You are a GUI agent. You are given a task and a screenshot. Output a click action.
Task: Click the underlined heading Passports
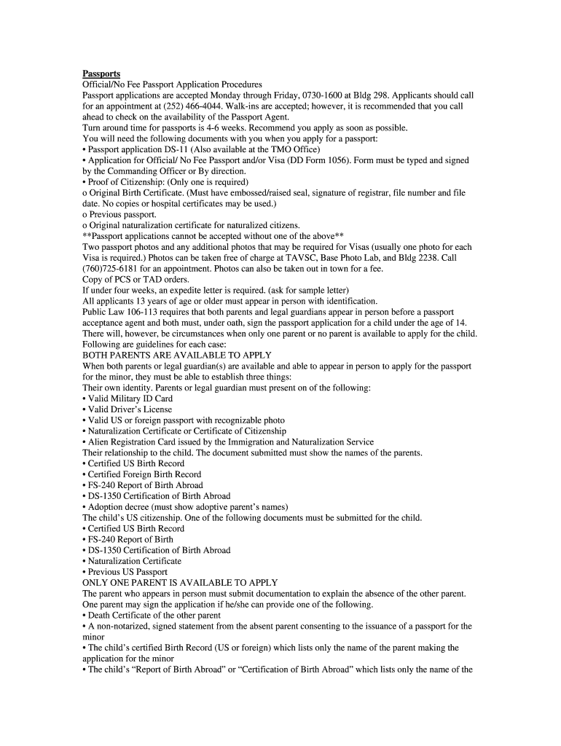pyautogui.click(x=101, y=74)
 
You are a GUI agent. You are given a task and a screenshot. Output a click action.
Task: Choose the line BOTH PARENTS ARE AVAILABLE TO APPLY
pyautogui.click(x=177, y=355)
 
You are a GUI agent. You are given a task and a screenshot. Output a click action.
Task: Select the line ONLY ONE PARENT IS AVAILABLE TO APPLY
pyautogui.click(x=180, y=583)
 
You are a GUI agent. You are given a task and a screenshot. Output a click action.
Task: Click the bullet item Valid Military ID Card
pyautogui.click(x=128, y=398)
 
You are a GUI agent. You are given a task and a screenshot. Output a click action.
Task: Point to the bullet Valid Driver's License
pyautogui.click(x=128, y=409)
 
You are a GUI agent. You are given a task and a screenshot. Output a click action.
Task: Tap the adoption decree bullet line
pyautogui.click(x=186, y=507)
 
